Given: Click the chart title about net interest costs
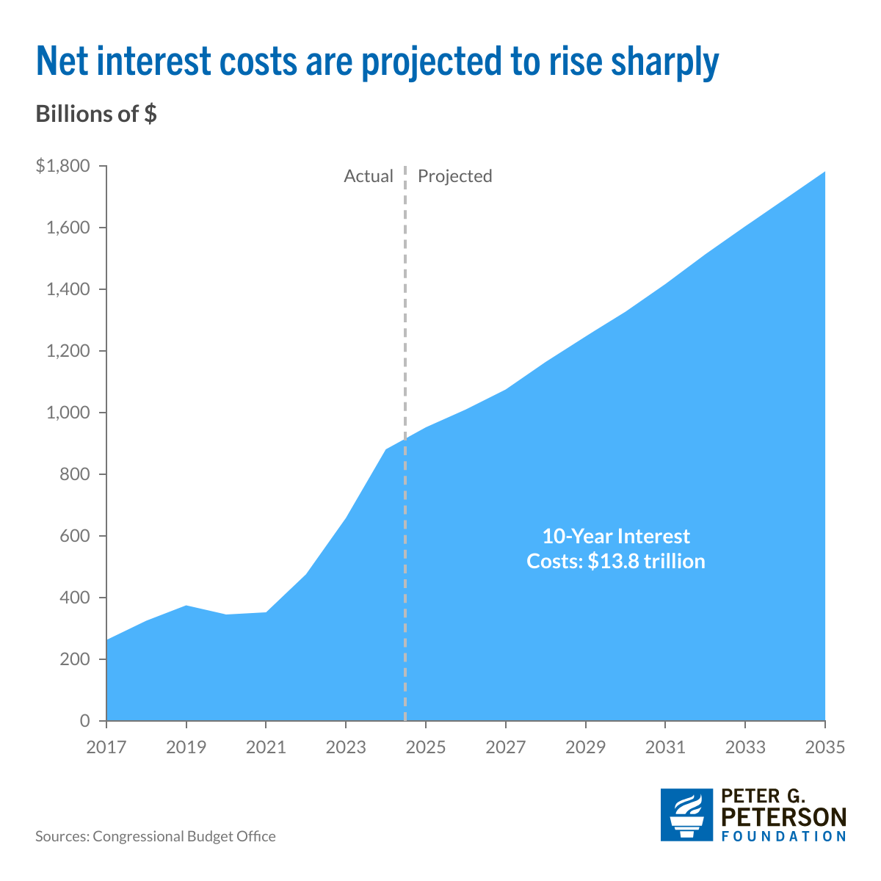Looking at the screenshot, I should (377, 62).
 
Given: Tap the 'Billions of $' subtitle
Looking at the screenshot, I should (95, 115).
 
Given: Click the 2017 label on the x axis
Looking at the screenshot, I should (106, 747).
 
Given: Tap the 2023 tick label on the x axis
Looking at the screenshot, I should (346, 747).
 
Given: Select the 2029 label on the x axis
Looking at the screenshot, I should (585, 747).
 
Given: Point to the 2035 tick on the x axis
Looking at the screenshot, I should (824, 747).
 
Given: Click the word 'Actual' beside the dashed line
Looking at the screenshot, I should (369, 176).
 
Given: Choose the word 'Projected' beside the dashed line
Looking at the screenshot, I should (454, 176).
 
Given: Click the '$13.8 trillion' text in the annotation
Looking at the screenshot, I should (646, 562).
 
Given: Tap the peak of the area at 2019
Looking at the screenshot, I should (186, 606).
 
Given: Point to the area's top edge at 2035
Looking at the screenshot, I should (824, 173).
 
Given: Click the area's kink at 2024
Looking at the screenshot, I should (386, 449).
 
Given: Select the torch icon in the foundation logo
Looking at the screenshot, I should (686, 815).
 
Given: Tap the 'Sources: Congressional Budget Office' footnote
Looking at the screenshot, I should (156, 836).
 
